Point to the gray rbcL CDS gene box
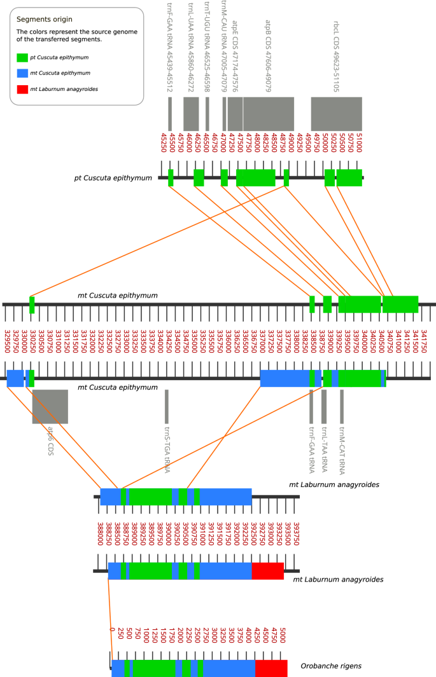pos(336,114)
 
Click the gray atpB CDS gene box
pos(268,114)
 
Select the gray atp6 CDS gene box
pos(50,406)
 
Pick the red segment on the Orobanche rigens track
pos(271,667)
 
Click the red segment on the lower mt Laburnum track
pos(267,570)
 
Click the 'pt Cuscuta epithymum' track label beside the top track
pos(115,178)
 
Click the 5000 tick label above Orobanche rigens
pos(283,638)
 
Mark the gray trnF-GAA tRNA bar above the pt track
pos(170,114)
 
